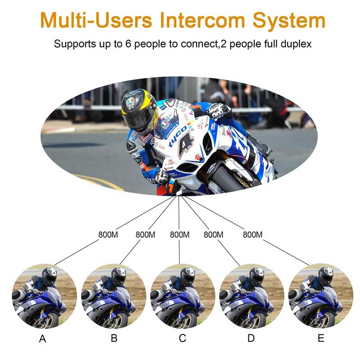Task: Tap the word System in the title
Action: pyautogui.click(x=289, y=21)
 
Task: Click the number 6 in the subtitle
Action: pyautogui.click(x=128, y=44)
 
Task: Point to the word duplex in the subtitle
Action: pyautogui.click(x=296, y=44)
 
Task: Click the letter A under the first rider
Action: pyautogui.click(x=42, y=339)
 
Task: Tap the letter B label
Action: pyautogui.click(x=114, y=338)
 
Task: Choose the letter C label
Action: pyautogui.click(x=183, y=338)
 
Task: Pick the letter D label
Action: pyautogui.click(x=251, y=338)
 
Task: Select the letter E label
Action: pyautogui.click(x=321, y=338)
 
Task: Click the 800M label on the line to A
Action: pyautogui.click(x=108, y=234)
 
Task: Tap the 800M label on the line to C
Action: pyautogui.click(x=180, y=234)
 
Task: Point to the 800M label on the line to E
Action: pyautogui.click(x=252, y=234)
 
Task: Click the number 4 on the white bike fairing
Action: pyautogui.click(x=186, y=144)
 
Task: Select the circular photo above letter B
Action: pyautogui.click(x=114, y=296)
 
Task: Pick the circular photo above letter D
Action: pyautogui.click(x=252, y=296)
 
